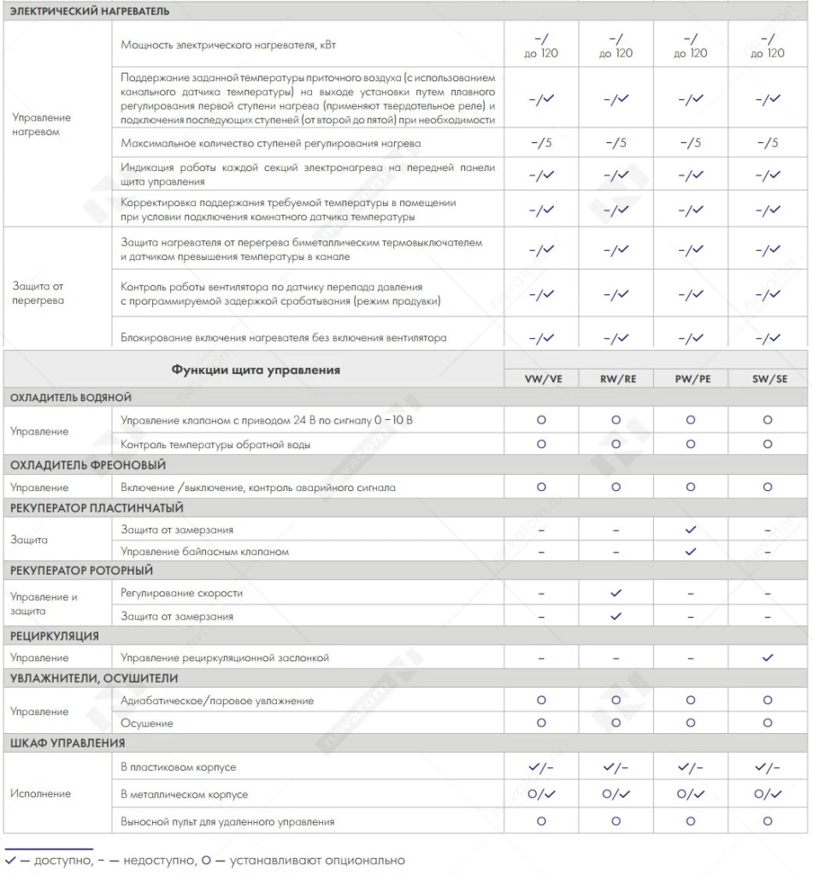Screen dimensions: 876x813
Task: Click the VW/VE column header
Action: pyautogui.click(x=543, y=379)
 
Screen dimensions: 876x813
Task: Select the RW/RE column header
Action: pyautogui.click(x=617, y=379)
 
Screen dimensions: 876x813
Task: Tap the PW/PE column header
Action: pyautogui.click(x=691, y=379)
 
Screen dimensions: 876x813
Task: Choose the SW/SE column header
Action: pyautogui.click(x=768, y=379)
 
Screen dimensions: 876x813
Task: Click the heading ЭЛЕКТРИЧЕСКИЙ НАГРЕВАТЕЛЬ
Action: pyautogui.click(x=90, y=11)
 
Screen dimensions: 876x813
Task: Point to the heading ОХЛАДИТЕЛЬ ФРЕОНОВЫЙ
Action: pyautogui.click(x=88, y=465)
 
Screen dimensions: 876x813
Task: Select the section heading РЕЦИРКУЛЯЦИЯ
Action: pyautogui.click(x=55, y=636)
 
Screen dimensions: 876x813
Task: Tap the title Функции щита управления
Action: pyautogui.click(x=256, y=370)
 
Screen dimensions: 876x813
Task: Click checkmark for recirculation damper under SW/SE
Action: pyautogui.click(x=768, y=658)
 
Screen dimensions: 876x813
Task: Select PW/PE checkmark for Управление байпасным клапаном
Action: pyautogui.click(x=691, y=552)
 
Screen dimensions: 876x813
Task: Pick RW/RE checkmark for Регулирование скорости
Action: pyautogui.click(x=616, y=593)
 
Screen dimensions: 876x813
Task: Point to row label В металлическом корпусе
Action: pyautogui.click(x=185, y=795)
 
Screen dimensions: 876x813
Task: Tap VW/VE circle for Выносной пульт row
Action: pyautogui.click(x=541, y=821)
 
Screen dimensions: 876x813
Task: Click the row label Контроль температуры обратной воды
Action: pyautogui.click(x=215, y=444)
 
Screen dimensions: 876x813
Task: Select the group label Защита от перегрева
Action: pyautogui.click(x=38, y=293)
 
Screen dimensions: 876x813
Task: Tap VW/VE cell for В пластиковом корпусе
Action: pyautogui.click(x=541, y=767)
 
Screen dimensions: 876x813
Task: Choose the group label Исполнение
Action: pyautogui.click(x=40, y=794)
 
